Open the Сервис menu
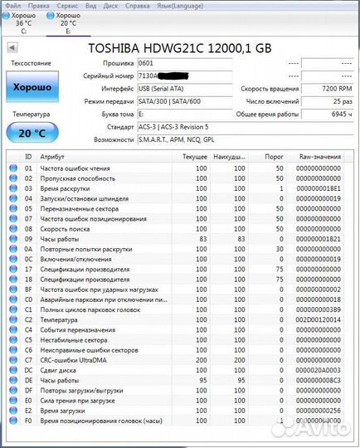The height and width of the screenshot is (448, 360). click(x=67, y=5)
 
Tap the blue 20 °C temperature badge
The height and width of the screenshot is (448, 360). click(x=32, y=132)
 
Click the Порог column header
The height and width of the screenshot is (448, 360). click(x=274, y=156)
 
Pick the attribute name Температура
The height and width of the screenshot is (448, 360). click(x=59, y=319)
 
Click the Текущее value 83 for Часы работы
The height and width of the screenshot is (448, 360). click(x=201, y=239)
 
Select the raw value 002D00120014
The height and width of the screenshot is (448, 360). click(x=318, y=319)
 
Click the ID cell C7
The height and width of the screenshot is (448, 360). click(x=28, y=361)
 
